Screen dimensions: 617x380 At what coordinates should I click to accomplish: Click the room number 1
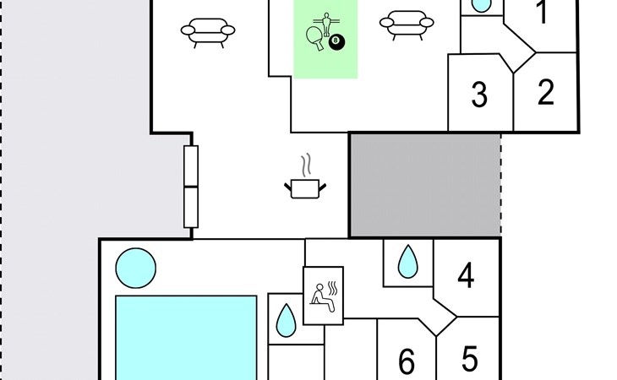543,12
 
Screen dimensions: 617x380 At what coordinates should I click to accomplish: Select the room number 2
546,92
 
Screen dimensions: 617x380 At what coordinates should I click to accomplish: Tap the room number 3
479,95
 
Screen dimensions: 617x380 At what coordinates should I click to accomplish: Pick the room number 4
466,276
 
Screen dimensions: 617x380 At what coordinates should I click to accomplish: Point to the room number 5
470,358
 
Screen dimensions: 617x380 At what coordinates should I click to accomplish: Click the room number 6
407,361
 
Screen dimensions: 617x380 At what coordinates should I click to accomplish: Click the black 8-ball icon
336,42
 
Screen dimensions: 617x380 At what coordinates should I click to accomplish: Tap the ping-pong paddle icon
315,38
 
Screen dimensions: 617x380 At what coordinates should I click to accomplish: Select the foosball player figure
326,24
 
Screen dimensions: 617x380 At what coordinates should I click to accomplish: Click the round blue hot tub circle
136,268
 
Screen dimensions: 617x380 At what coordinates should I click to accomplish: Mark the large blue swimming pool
186,338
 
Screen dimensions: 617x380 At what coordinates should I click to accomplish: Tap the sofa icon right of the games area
407,25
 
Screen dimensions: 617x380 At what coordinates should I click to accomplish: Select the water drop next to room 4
407,263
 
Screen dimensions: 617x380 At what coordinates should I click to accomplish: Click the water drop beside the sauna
286,321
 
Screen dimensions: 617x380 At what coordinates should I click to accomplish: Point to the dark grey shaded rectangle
425,185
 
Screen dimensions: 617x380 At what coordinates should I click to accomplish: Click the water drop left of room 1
481,5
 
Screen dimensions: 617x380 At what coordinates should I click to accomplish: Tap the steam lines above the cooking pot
307,165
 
